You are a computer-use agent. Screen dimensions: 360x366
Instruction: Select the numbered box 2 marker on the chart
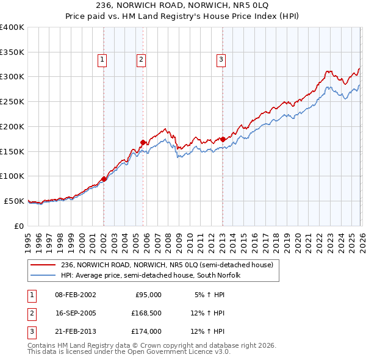pyautogui.click(x=141, y=59)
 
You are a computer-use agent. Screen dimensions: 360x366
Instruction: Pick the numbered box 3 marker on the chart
pyautogui.click(x=220, y=59)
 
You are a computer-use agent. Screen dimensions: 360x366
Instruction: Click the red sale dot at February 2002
pyautogui.click(x=104, y=179)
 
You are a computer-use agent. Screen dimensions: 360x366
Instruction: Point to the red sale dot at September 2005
pyautogui.click(x=143, y=142)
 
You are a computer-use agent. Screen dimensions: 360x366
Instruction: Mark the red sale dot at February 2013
pyautogui.click(x=223, y=139)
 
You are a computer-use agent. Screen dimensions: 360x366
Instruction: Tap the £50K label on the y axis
pyautogui.click(x=15, y=201)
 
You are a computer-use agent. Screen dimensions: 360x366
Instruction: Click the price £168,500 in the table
pyautogui.click(x=146, y=313)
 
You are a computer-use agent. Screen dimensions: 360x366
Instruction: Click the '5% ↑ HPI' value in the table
pyautogui.click(x=209, y=295)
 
